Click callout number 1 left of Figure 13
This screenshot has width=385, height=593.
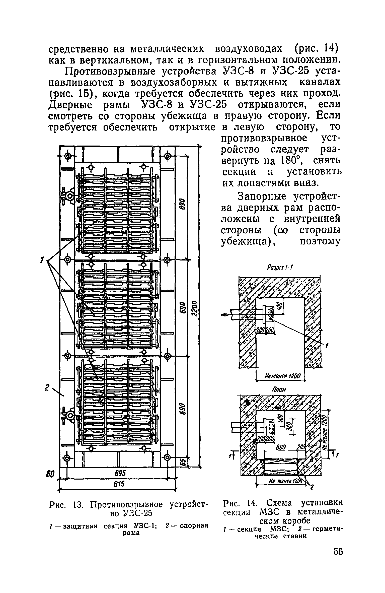point(43,259)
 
